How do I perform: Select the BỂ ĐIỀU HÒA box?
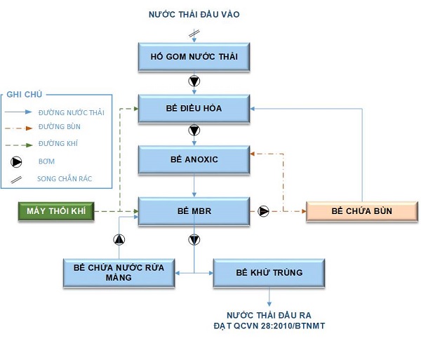[x=194, y=108]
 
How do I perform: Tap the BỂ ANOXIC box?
[x=194, y=159]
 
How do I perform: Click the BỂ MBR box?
[x=194, y=211]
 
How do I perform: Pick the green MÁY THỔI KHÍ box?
[x=55, y=211]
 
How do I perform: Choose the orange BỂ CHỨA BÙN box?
[x=361, y=211]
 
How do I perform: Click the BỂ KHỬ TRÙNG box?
[x=269, y=272]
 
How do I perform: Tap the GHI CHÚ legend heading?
[x=22, y=95]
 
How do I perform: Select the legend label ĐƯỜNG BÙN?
[x=60, y=127]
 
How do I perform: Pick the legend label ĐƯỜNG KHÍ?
[x=58, y=145]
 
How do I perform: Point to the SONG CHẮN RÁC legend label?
[x=65, y=179]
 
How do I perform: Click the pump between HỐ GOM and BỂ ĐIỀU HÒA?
[x=194, y=82]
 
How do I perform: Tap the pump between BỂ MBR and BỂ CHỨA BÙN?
[x=264, y=211]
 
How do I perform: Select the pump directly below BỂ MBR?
[x=194, y=240]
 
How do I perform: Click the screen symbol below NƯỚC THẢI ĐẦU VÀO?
[x=194, y=33]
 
